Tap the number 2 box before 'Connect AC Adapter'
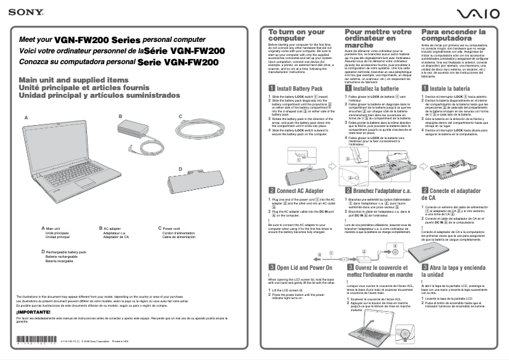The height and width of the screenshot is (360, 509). point(272,190)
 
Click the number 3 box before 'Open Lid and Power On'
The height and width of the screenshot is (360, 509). point(272,268)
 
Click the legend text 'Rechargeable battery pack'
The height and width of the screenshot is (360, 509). point(65,252)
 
